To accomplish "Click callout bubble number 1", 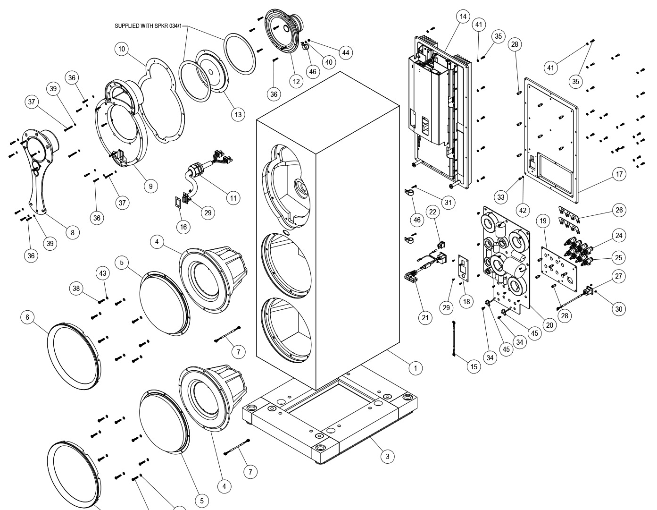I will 415,368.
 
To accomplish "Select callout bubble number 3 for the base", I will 387,456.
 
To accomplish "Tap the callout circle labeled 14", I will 463,17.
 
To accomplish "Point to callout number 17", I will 619,174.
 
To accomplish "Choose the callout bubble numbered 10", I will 122,49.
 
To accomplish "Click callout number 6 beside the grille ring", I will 27,317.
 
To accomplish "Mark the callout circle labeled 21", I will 425,318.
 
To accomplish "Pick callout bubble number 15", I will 474,366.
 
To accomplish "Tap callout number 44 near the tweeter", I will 346,52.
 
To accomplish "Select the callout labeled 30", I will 619,309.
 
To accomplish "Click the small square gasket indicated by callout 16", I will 177,204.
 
